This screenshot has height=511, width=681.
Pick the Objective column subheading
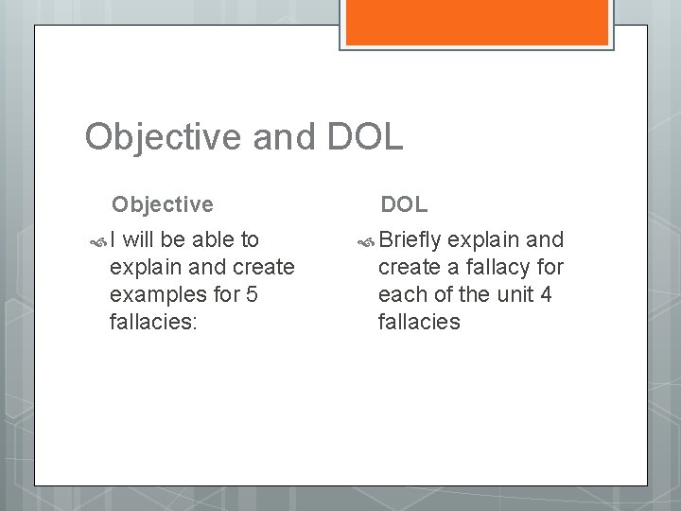[163, 203]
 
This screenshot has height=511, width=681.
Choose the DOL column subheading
[404, 203]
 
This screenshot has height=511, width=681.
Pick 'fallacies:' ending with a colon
[152, 322]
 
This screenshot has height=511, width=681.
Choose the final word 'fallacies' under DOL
[419, 322]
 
